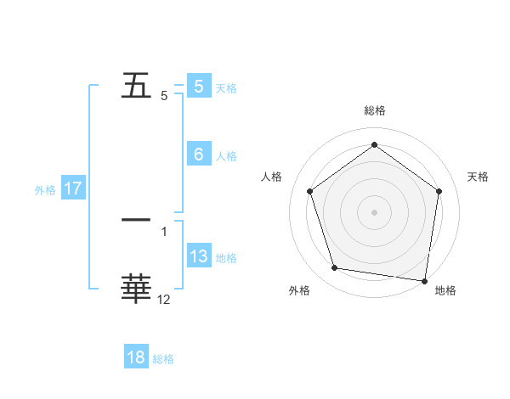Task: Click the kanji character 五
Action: pyautogui.click(x=136, y=87)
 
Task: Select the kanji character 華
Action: pyautogui.click(x=136, y=289)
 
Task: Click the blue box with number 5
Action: pyautogui.click(x=199, y=87)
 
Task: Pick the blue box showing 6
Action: pyautogui.click(x=199, y=155)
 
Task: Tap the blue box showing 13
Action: pyautogui.click(x=199, y=256)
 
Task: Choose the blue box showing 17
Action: pyautogui.click(x=73, y=188)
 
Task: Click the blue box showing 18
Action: pyautogui.click(x=136, y=357)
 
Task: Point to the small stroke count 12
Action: pyautogui.click(x=164, y=299)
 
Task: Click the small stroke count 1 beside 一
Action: pyautogui.click(x=164, y=231)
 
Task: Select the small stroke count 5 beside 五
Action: pyautogui.click(x=164, y=96)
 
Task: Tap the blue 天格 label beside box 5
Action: pyautogui.click(x=226, y=87)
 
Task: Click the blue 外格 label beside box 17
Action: pyautogui.click(x=45, y=190)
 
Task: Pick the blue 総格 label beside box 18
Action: pyautogui.click(x=163, y=359)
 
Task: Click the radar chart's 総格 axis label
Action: pyautogui.click(x=375, y=110)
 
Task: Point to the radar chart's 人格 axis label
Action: pyautogui.click(x=272, y=177)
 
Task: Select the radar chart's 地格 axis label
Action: pyautogui.click(x=445, y=290)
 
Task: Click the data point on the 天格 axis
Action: pyautogui.click(x=439, y=191)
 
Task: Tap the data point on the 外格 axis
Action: pyautogui.click(x=335, y=268)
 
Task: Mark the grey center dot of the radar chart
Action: pyautogui.click(x=375, y=211)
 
